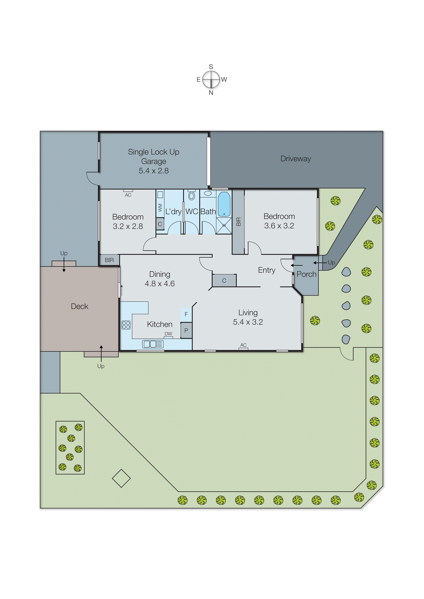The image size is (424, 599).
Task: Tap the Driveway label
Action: coord(296,159)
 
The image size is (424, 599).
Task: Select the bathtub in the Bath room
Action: coord(224,204)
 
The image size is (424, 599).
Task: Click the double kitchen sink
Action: coord(153,344)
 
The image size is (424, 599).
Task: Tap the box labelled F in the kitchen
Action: coord(186,314)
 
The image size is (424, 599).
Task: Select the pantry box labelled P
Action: coord(186,330)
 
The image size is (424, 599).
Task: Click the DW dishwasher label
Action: coord(168,334)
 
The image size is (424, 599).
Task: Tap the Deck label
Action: coord(80,306)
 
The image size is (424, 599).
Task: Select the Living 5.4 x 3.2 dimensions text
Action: coord(248,322)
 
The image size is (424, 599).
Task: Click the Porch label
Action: coord(306,274)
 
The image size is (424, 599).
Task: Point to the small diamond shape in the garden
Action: coord(121,478)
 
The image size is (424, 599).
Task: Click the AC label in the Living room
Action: coord(243,345)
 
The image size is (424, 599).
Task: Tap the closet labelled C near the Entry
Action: coord(224,281)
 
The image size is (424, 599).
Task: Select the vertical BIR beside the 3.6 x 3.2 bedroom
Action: coord(238,221)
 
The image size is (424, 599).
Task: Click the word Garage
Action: coord(154,161)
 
